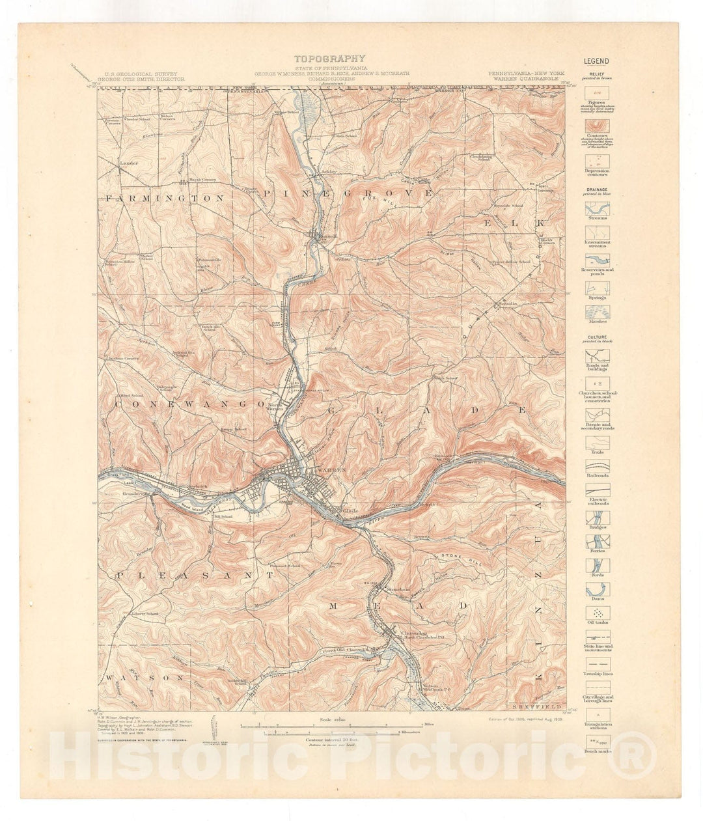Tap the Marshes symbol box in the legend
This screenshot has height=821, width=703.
[597, 313]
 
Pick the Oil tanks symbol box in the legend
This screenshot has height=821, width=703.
[597, 613]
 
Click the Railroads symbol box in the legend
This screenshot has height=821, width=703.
[597, 466]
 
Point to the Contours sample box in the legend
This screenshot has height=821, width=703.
[597, 124]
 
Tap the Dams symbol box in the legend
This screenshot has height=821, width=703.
[597, 589]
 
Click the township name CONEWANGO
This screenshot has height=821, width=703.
[182, 404]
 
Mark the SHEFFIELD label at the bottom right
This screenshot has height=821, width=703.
[537, 706]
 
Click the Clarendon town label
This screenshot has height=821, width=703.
[415, 632]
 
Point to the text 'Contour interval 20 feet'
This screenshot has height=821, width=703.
[332, 740]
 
